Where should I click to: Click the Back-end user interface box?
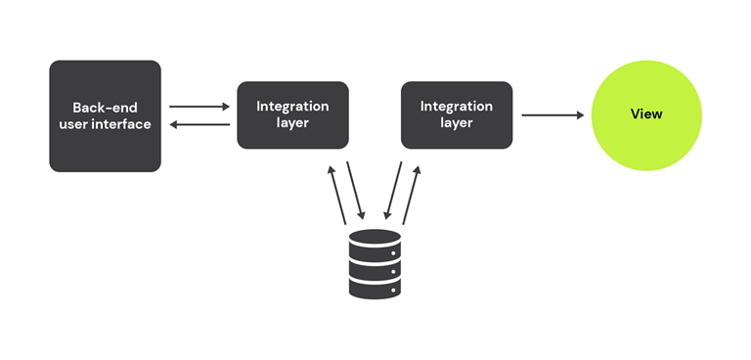105,115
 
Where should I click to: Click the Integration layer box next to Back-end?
292,114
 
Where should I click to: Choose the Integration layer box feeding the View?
457,114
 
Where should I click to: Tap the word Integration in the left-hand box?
292,106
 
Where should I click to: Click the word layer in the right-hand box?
457,123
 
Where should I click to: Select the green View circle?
646,114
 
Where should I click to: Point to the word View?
646,114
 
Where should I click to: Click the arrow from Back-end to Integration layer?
199,106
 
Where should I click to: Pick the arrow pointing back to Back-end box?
199,124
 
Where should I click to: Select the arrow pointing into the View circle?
552,115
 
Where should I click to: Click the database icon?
375,263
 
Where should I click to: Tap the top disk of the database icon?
375,238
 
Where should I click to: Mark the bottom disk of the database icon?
375,289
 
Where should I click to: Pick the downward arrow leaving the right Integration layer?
394,192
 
